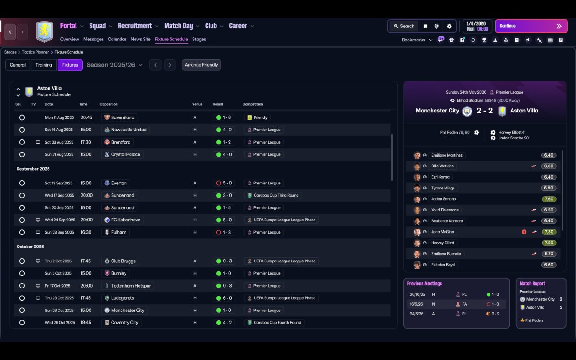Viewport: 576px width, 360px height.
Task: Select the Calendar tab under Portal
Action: coord(117,39)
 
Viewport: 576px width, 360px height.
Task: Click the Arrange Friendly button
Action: coord(201,65)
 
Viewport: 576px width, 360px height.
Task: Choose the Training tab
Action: coord(44,65)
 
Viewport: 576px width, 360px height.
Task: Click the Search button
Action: coord(404,26)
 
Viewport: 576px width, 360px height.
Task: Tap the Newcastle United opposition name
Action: coord(128,130)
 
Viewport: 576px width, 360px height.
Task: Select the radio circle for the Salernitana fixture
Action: coord(22,117)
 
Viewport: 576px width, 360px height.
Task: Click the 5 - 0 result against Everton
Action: coord(224,183)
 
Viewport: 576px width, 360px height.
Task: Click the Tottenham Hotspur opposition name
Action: coord(131,286)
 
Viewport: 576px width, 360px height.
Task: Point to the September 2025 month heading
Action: coord(33,169)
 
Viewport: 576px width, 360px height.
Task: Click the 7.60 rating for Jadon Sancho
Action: coord(549,199)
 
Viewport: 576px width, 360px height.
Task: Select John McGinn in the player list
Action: coord(443,232)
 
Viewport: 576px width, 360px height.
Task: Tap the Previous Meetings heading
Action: coord(424,283)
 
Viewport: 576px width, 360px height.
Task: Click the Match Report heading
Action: coord(532,283)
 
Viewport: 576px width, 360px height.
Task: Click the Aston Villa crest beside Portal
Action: coord(44,32)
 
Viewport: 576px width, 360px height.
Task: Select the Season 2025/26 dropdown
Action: coord(114,65)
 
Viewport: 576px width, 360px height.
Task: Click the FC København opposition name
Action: coord(126,220)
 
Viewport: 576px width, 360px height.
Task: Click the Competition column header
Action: coord(252,104)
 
